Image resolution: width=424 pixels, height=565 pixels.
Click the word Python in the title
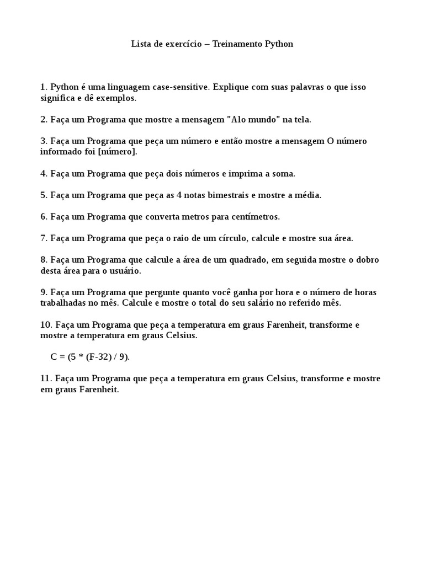(279, 44)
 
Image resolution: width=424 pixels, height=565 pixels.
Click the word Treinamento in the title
(236, 44)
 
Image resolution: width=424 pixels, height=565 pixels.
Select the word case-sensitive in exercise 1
(182, 87)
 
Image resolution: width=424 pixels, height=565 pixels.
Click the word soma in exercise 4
(282, 173)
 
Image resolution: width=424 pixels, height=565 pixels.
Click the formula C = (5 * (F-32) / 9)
(90, 357)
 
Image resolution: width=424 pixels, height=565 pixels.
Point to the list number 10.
(45, 324)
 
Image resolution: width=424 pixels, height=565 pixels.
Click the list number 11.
(45, 379)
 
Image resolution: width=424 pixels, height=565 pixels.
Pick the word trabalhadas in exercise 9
(63, 303)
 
